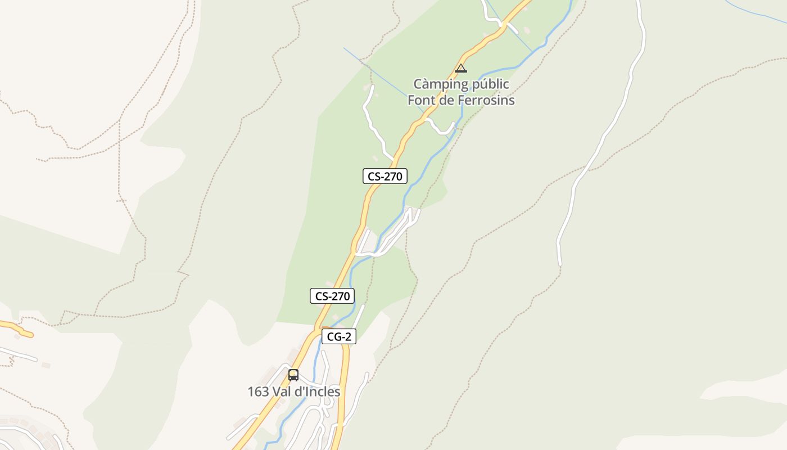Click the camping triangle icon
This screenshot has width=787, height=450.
[x=461, y=69]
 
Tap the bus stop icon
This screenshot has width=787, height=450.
[x=293, y=375]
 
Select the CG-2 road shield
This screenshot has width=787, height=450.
[x=339, y=337]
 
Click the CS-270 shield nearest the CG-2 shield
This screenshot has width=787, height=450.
[x=332, y=296]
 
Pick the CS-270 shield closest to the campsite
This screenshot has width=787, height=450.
[x=385, y=176]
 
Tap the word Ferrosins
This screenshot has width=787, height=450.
[x=487, y=101]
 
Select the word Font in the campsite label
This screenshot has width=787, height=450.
[x=419, y=101]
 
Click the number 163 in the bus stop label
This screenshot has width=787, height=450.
[x=258, y=392]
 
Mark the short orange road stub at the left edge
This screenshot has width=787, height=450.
[x=17, y=328]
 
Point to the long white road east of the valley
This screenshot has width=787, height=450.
[x=601, y=141]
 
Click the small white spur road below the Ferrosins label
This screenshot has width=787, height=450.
[x=441, y=128]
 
